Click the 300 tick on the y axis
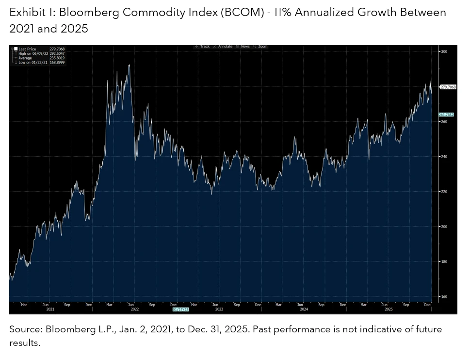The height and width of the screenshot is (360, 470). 444,51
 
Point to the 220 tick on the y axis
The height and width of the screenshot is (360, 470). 444,192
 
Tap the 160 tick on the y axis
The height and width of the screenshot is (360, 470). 444,296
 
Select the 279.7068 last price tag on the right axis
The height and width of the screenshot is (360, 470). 448,87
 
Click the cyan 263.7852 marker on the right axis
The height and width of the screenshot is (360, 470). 446,115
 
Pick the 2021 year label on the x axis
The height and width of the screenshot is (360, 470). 50,309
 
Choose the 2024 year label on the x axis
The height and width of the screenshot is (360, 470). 304,309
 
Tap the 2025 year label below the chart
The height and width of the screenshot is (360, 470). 389,309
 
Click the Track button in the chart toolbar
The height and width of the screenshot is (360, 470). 203,47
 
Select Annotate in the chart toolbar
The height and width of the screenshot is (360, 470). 224,47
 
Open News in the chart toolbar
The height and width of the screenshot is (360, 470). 244,47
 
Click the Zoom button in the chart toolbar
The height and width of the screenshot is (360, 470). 261,47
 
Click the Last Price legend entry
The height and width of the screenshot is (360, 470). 27,49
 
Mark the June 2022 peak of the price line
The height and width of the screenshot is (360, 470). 129,65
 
